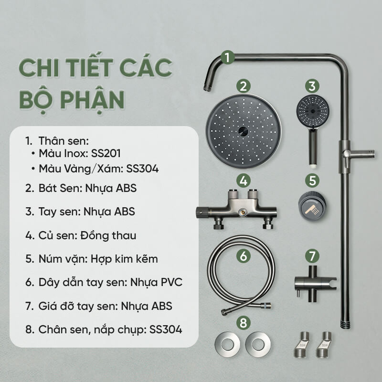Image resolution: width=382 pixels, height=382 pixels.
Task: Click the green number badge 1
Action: point(228,58)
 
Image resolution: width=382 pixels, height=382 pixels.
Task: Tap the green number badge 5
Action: point(312,180)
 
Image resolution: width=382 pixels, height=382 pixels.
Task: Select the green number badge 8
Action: point(244,323)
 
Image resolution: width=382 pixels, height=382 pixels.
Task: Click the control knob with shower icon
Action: point(312,206)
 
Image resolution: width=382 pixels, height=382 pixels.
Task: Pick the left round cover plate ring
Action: point(227,344)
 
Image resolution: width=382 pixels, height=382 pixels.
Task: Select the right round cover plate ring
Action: point(258,344)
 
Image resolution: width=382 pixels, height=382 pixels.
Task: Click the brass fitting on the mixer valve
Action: point(242,212)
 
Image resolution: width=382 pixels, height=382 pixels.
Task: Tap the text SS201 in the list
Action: point(106,153)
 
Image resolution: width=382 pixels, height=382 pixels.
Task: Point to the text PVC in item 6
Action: point(171,282)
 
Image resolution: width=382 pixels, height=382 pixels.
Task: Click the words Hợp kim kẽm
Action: point(124,259)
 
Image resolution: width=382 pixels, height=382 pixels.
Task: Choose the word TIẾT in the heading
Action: point(89,67)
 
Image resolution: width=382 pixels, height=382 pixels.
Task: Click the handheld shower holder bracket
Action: point(315,284)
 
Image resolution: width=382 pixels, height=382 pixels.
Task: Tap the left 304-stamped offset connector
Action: point(302,344)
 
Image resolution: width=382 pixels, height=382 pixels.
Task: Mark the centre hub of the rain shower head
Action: point(243,131)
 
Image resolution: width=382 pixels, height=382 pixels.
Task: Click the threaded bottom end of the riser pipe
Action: point(345,325)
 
